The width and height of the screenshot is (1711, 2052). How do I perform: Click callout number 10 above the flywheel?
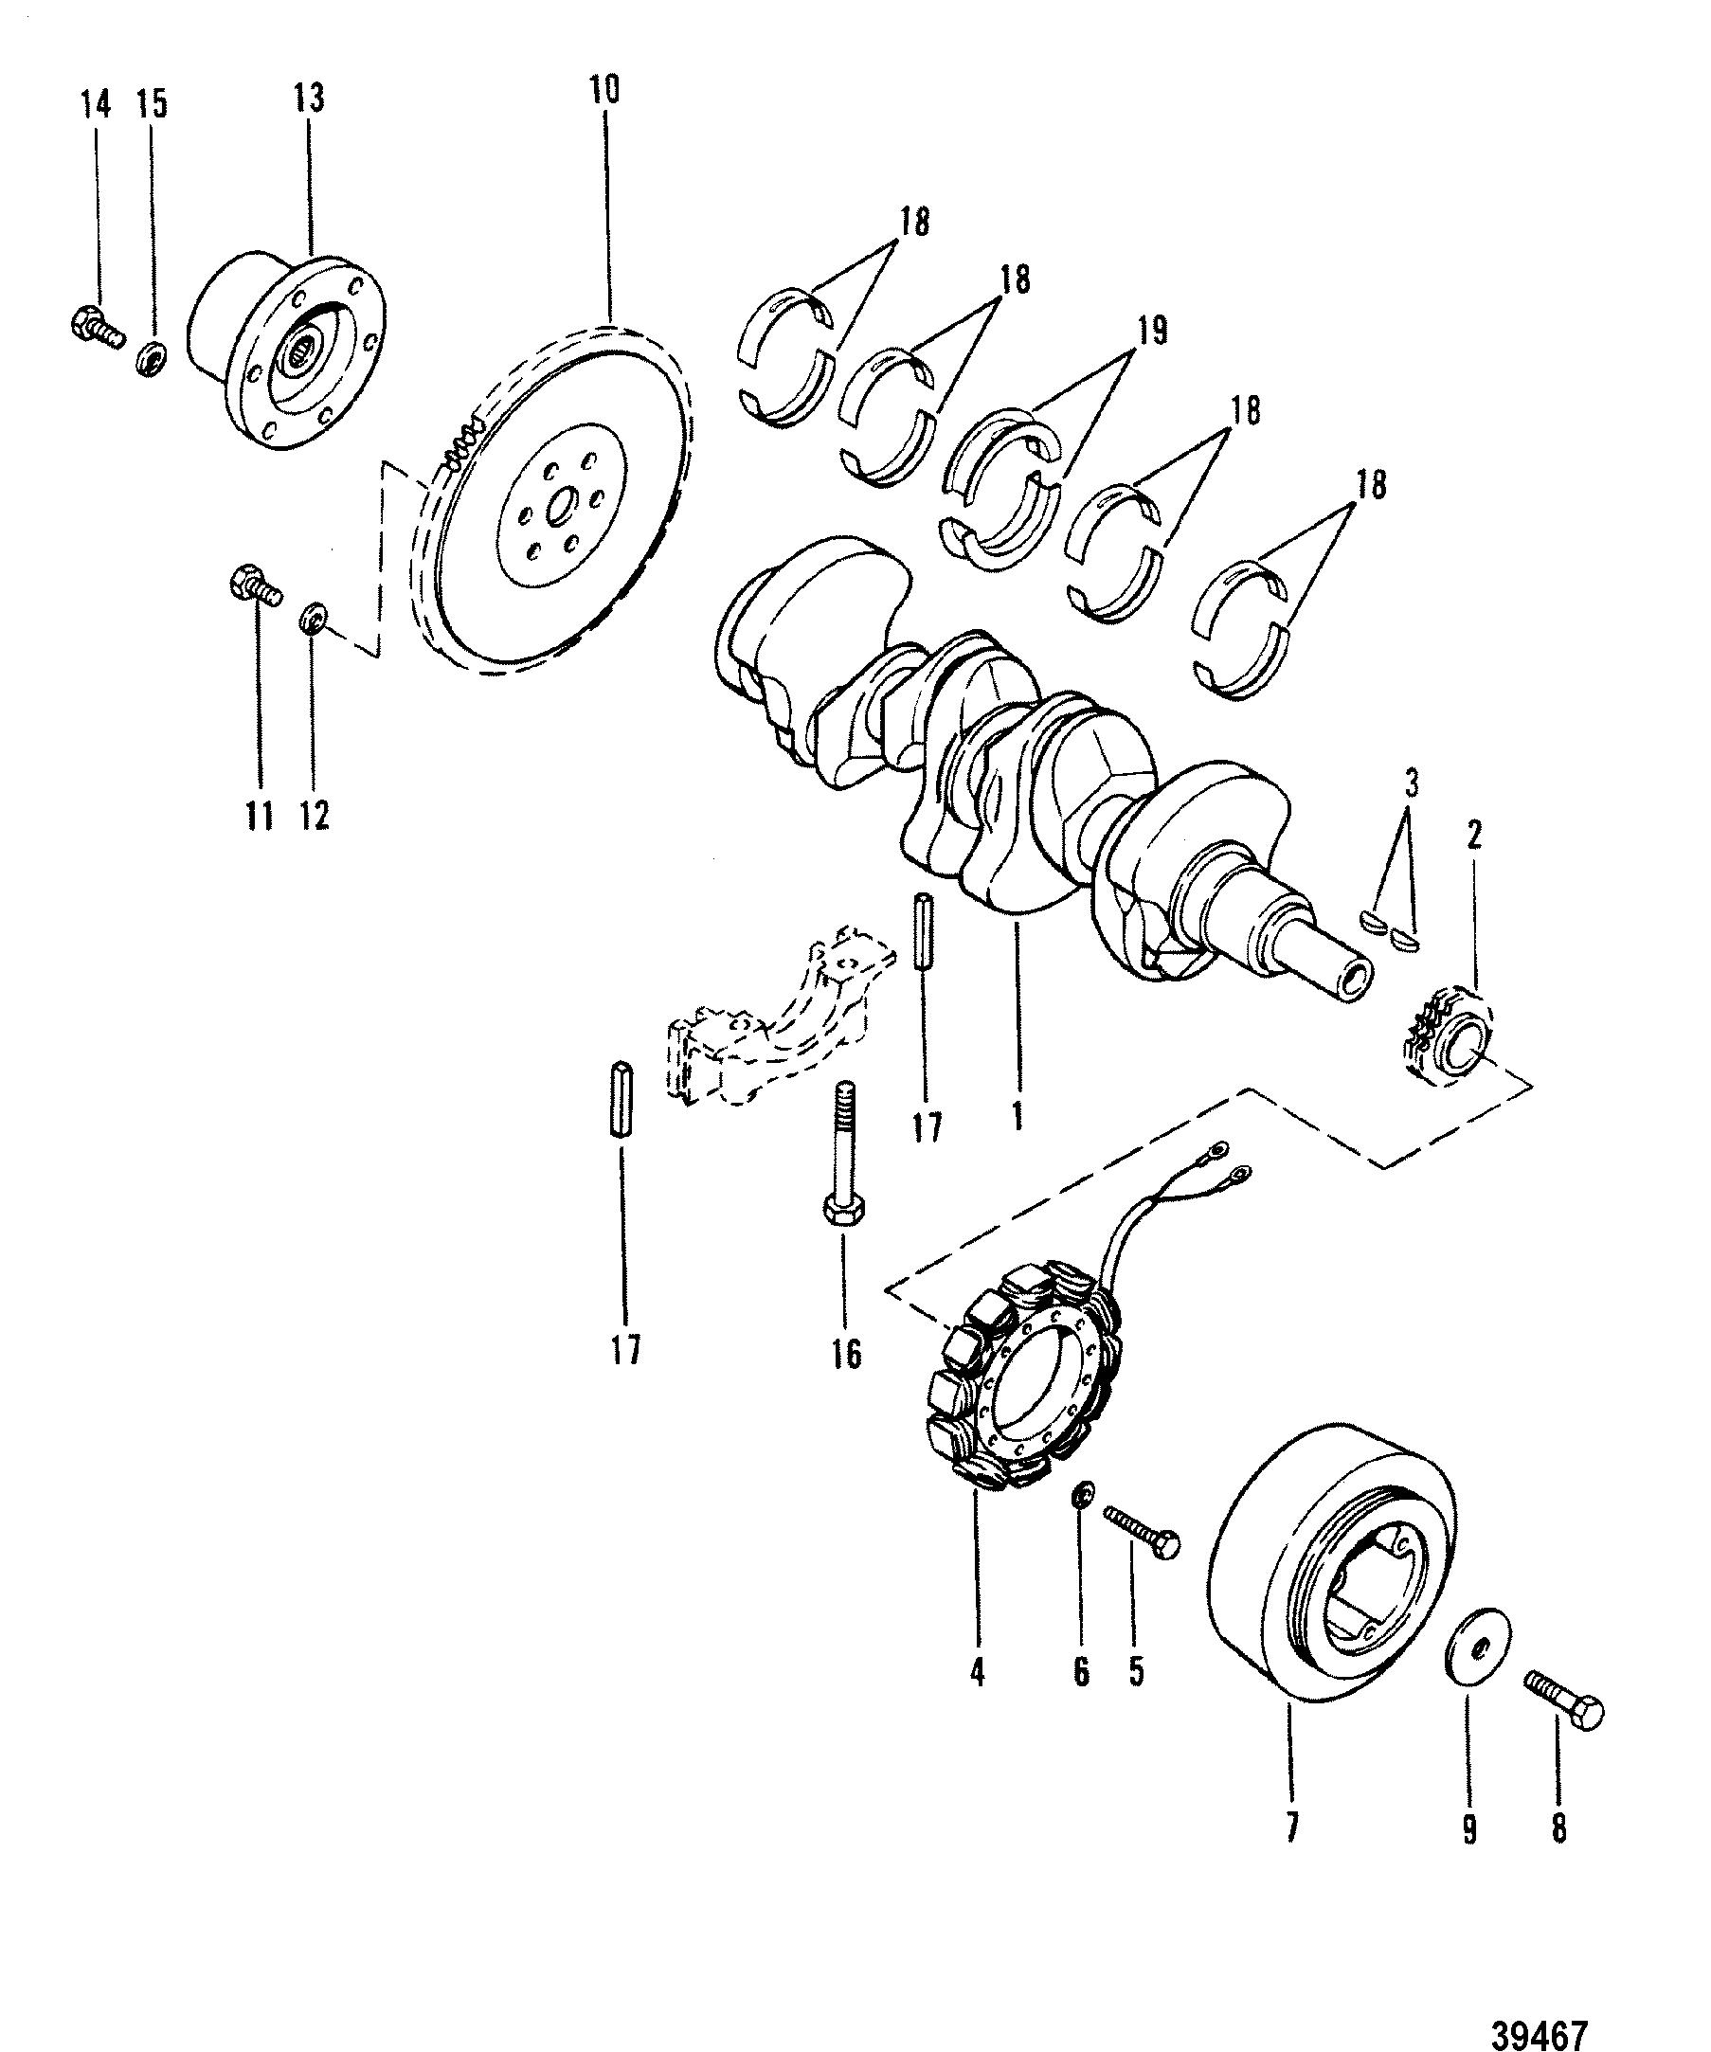tap(603, 90)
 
